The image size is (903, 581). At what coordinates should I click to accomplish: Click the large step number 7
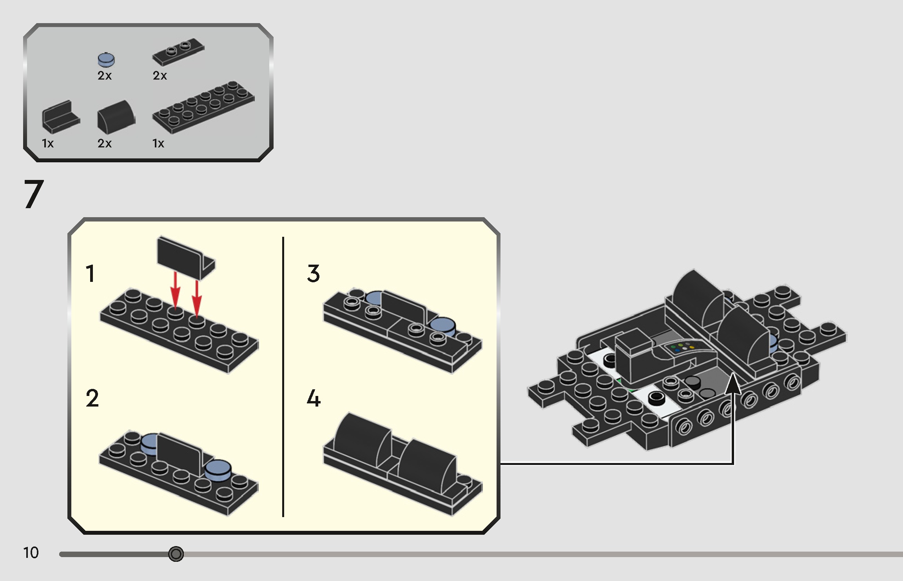click(x=34, y=194)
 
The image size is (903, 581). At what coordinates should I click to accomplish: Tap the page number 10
click(x=31, y=553)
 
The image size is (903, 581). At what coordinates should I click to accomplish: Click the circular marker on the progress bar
click(x=176, y=554)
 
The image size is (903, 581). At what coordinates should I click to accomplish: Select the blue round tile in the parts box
click(x=106, y=60)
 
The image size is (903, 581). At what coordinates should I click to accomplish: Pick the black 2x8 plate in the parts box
click(x=203, y=106)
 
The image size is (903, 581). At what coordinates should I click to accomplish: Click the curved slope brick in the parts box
click(x=116, y=117)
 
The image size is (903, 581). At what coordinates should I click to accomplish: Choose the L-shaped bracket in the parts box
click(x=60, y=116)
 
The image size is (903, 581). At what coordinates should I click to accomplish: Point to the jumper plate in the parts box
click(x=178, y=51)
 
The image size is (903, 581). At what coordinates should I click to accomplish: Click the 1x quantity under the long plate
click(x=158, y=143)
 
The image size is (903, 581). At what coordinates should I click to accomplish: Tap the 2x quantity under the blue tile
click(x=105, y=76)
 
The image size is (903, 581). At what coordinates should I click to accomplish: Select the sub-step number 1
click(x=91, y=274)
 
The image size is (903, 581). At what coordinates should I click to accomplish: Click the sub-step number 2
click(x=92, y=398)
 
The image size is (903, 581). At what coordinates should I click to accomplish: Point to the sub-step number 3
click(x=313, y=274)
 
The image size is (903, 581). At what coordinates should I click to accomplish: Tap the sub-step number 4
click(x=314, y=398)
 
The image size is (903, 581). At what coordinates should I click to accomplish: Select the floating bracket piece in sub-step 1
click(x=185, y=257)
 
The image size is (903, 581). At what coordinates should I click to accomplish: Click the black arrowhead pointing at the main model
click(x=733, y=384)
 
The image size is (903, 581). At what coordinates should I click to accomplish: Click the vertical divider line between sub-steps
click(x=283, y=376)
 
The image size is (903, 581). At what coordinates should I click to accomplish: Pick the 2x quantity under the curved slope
click(x=105, y=143)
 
